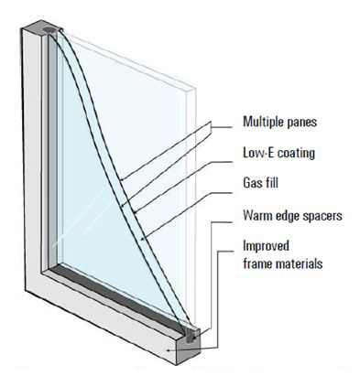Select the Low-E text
[258, 152]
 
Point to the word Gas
[252, 184]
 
